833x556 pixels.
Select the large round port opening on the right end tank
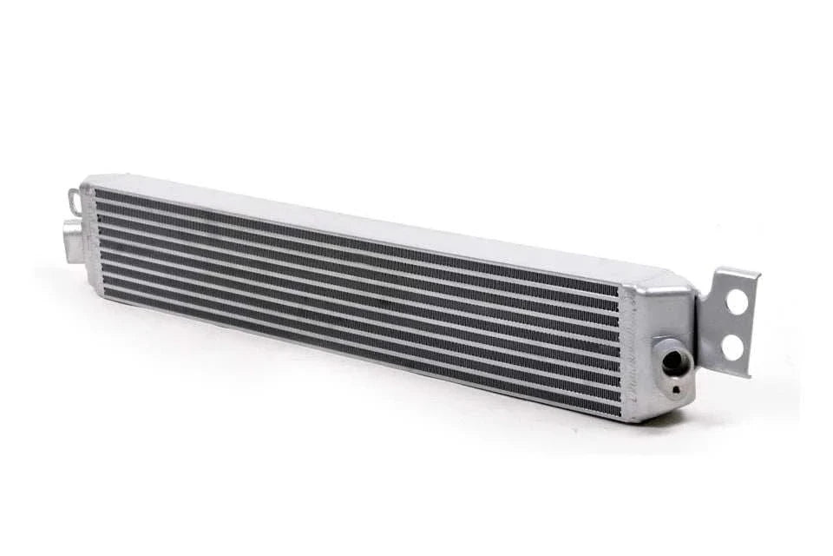point(674,362)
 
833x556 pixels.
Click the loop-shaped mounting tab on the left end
point(77,202)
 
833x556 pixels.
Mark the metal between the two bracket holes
point(735,326)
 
